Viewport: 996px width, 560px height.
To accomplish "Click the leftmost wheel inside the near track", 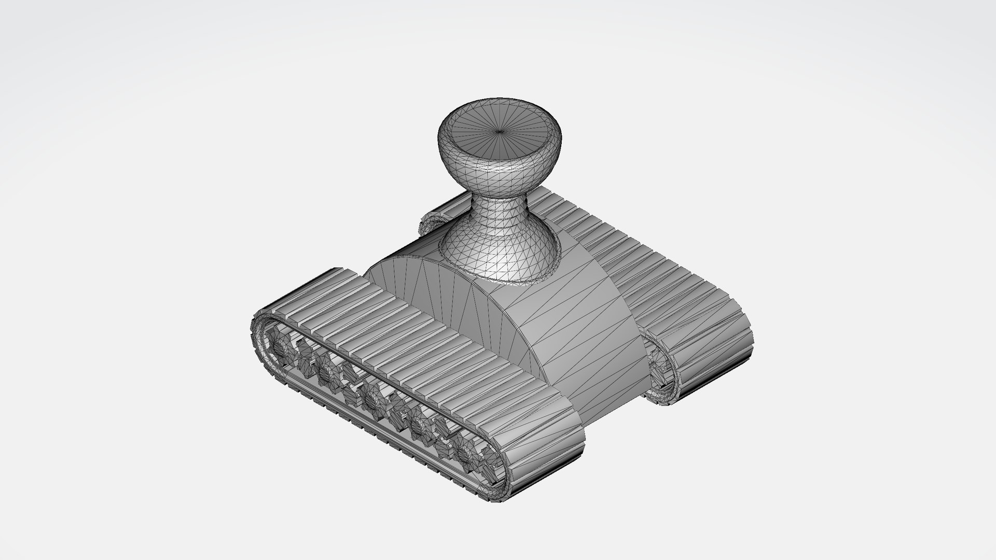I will point(281,348).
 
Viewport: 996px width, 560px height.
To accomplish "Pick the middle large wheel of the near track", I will point(371,397).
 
